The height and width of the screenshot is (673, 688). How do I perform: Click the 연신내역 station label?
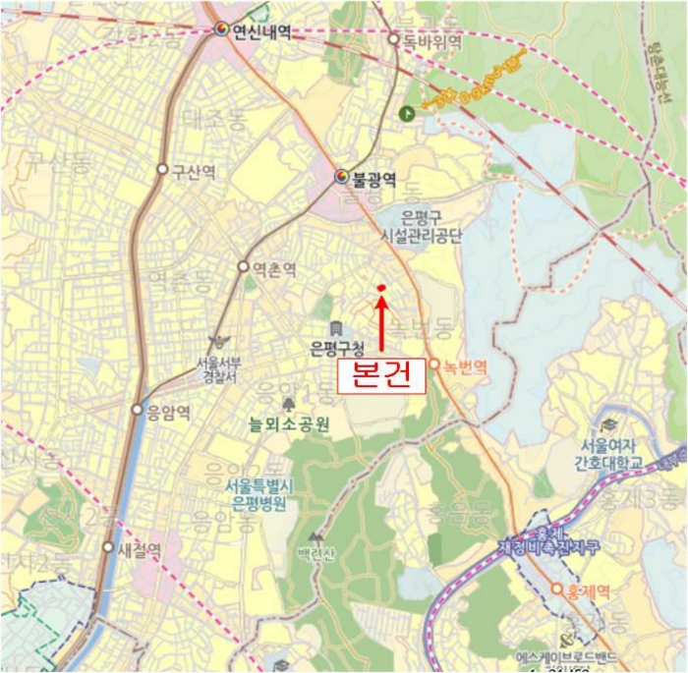[261, 30]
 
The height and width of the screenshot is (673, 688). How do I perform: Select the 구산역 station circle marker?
[162, 169]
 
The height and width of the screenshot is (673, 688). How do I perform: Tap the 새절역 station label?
[139, 550]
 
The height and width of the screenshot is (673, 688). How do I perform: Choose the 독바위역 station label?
[429, 40]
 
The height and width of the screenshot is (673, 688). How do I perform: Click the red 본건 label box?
[381, 376]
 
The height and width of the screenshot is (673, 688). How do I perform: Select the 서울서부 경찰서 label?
[220, 367]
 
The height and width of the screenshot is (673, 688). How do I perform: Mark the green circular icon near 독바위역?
[406, 113]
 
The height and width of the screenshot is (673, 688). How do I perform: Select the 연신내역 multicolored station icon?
[222, 29]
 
